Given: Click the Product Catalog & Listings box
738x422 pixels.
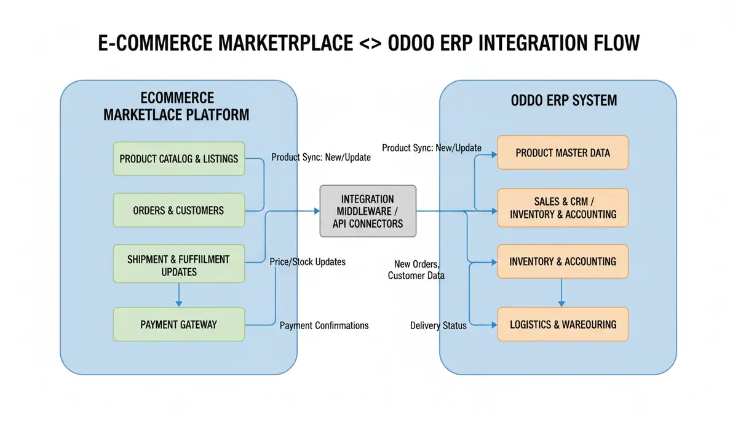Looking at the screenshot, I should coord(179,159).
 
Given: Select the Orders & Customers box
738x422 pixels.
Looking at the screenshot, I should coord(179,210).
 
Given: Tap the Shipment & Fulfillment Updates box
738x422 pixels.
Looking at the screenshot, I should coord(179,265).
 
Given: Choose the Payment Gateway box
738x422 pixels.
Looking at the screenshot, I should coord(179,324).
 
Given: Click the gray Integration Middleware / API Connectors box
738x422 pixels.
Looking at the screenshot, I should coord(368,211).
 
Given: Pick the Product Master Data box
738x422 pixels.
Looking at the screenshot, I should coord(563,153).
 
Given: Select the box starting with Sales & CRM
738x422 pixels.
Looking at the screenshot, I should coord(563,208).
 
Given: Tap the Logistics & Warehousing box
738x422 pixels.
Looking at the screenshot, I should coord(563,324).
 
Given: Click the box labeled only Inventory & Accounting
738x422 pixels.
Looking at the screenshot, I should coord(563,261).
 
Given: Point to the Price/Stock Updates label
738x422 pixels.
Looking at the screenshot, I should coord(307,262).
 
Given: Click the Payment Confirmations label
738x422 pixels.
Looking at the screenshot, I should coord(324,325).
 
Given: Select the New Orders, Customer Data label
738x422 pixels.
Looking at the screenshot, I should coord(416,269).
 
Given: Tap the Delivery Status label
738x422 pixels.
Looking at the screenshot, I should coord(438,325).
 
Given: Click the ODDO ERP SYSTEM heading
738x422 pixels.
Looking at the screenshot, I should coord(563,100).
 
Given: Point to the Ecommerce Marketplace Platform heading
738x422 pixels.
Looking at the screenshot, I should coord(177,106).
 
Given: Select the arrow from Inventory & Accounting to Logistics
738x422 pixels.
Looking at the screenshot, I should coord(561,293).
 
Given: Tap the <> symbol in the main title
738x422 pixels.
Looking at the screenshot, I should coord(370,44).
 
